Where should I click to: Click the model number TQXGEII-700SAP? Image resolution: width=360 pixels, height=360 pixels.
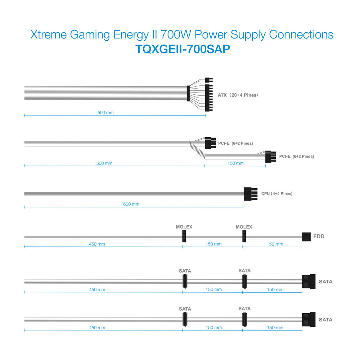point(183,49)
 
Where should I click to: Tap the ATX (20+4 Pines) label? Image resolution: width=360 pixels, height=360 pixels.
point(238,95)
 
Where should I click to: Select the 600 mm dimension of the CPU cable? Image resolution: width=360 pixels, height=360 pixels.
point(131,204)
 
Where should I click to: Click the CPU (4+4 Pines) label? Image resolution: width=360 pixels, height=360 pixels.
point(276,194)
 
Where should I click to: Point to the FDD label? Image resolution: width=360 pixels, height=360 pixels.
point(319,237)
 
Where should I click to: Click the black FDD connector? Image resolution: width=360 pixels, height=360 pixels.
point(306,237)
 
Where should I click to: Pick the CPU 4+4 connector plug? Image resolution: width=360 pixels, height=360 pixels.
point(251,194)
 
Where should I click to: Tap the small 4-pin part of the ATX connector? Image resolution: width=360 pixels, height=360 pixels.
point(208,80)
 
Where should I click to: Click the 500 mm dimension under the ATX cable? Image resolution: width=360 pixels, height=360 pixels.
point(105,112)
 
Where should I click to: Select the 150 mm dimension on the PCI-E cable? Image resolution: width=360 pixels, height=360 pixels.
point(235,163)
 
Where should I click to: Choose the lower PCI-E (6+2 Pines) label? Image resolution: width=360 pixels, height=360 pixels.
point(296,156)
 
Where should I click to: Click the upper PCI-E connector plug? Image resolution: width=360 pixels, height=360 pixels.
point(210,143)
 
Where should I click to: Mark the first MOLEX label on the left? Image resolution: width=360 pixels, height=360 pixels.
point(184,227)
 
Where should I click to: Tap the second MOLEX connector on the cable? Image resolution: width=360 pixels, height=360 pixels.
point(244,236)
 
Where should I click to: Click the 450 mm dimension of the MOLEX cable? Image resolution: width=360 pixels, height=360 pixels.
point(97,244)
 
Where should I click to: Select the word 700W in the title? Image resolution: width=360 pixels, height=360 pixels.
point(176,35)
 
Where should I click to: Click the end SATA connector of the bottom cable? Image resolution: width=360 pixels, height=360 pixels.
point(309,320)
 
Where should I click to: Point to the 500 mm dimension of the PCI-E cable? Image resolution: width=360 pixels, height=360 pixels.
point(104,163)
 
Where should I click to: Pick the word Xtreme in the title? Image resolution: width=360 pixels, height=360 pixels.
point(49,35)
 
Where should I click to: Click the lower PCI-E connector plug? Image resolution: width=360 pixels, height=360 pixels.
point(271,157)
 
